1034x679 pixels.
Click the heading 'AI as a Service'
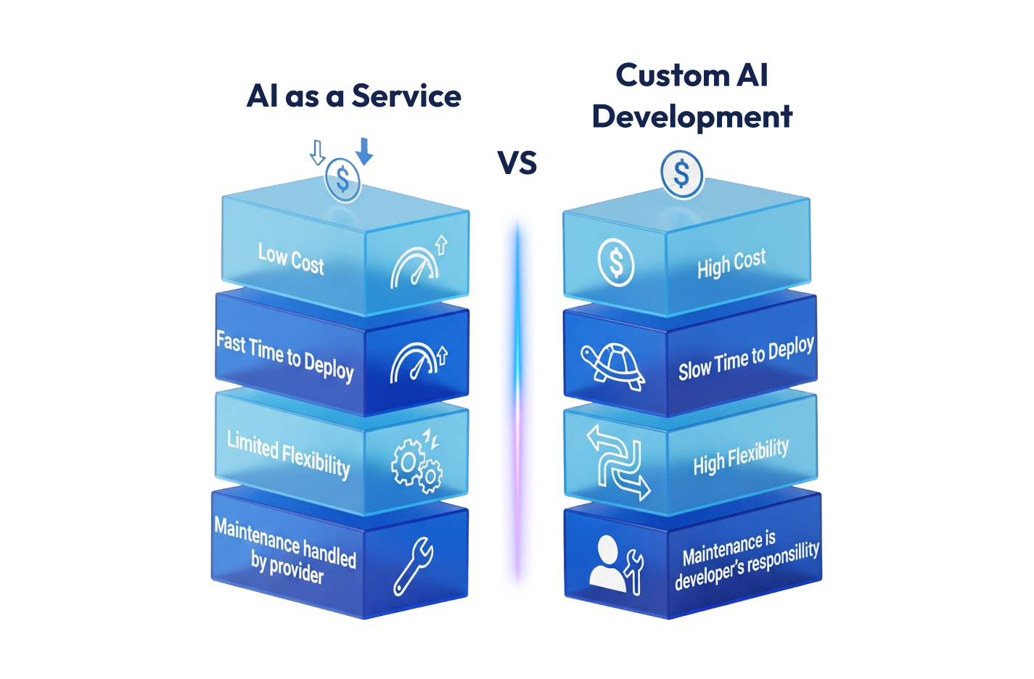[x=353, y=96]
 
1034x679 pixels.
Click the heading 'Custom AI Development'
[x=692, y=96]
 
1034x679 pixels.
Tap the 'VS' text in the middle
[x=517, y=163]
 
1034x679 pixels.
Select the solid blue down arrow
[x=364, y=151]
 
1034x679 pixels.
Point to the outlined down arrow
[x=317, y=152]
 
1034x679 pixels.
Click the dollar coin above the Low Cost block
[x=342, y=180]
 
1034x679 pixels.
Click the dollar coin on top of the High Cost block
[x=681, y=174]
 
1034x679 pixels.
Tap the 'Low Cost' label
[x=291, y=258]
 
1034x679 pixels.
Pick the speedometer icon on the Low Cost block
[x=418, y=263]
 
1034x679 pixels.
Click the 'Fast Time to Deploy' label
[x=285, y=355]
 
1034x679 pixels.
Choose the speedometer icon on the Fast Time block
[x=418, y=361]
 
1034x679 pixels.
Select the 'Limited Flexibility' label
[x=288, y=454]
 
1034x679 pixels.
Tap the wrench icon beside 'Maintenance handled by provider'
[x=414, y=566]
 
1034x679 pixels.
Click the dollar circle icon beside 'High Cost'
[x=616, y=262]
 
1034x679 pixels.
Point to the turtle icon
[x=614, y=364]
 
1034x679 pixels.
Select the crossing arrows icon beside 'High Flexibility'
[x=617, y=463]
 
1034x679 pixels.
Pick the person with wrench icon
[x=616, y=564]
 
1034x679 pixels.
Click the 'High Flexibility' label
[x=741, y=457]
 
